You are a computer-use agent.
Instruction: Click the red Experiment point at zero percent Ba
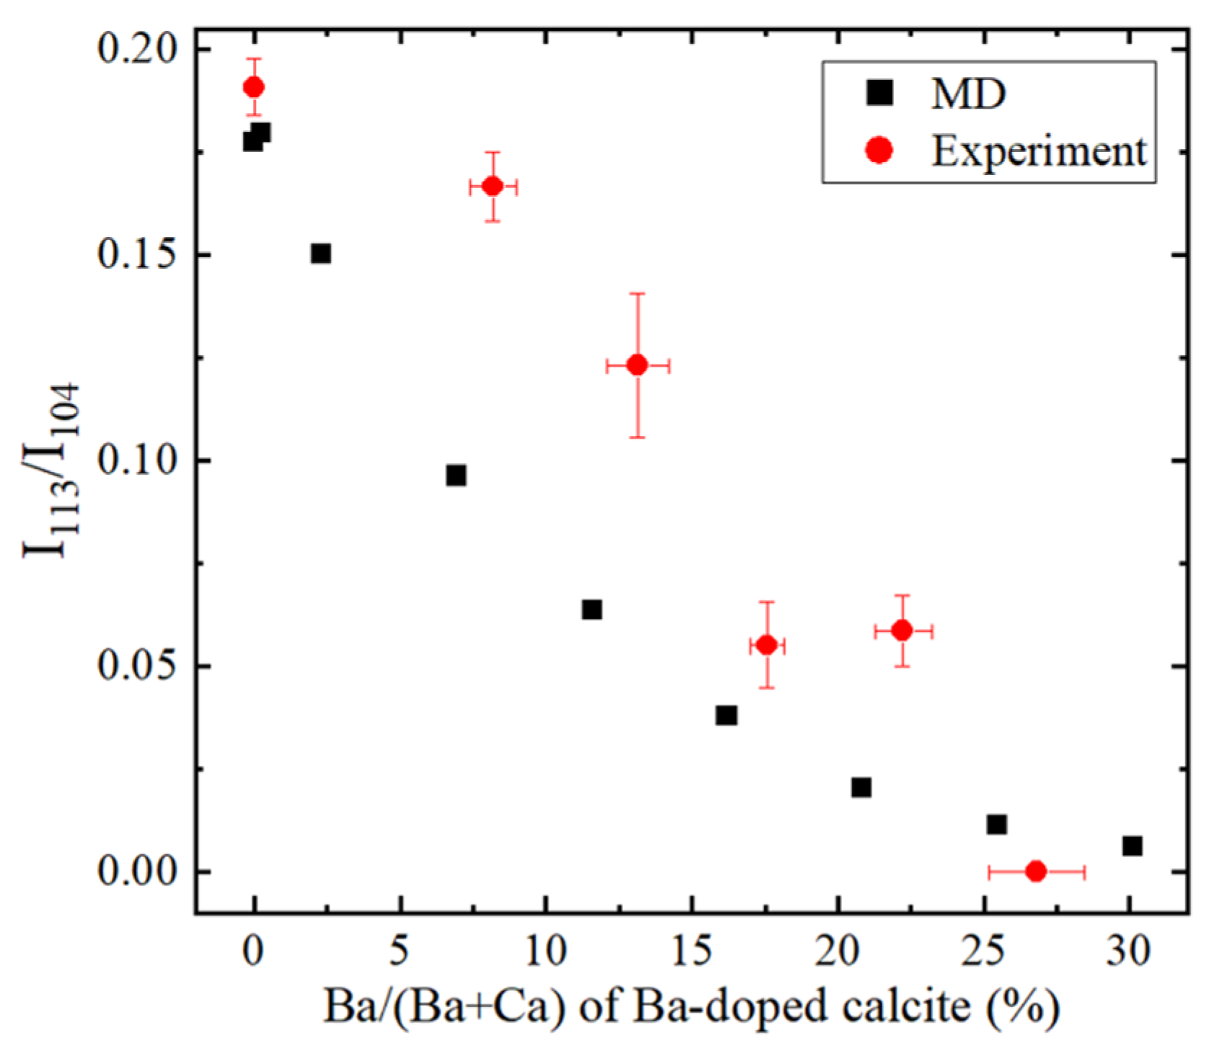point(253,87)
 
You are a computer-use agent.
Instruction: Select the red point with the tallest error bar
point(637,365)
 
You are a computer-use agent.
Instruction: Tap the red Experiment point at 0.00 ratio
point(1035,871)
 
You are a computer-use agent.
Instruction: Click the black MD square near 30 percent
point(1132,846)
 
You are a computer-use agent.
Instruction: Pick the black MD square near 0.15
point(321,254)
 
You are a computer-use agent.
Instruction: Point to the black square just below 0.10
point(456,475)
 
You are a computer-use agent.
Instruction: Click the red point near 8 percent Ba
point(493,187)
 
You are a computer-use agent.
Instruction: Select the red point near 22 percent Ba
point(902,630)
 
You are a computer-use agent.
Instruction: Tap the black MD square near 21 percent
point(861,787)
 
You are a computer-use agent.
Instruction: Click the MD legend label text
point(968,94)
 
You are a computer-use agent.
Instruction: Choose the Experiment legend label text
point(1038,151)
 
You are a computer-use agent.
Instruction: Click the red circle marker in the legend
point(880,151)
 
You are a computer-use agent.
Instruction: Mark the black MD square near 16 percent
point(726,715)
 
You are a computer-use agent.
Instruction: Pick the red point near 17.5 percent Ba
point(766,645)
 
